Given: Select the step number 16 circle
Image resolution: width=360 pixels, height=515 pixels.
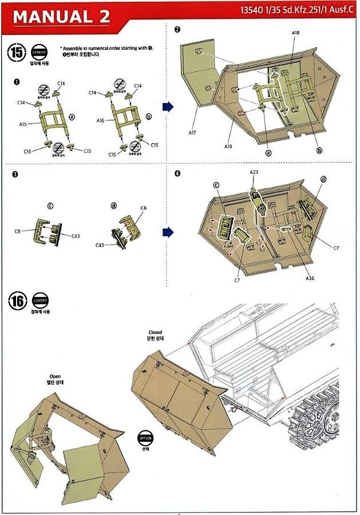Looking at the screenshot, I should tap(17, 302).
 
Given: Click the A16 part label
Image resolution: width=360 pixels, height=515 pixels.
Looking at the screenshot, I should tap(101, 121).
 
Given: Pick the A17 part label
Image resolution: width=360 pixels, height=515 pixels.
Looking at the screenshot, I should tap(192, 133).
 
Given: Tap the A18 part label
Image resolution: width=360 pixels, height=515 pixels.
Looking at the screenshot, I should tap(295, 34).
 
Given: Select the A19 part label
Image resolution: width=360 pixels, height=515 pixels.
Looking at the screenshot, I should tap(228, 146).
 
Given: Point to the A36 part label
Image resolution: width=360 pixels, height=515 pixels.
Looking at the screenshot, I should tap(310, 278).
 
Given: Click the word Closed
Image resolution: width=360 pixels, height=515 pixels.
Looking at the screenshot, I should tap(155, 332).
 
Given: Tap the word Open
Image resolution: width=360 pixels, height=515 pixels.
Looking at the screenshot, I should tap(55, 377).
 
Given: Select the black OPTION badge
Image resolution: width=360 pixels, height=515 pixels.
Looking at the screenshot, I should tap(146, 438).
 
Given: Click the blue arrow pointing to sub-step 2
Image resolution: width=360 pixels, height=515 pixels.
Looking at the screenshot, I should tap(169, 106).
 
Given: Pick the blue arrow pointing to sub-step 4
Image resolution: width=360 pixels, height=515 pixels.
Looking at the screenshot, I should tap(169, 232).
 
